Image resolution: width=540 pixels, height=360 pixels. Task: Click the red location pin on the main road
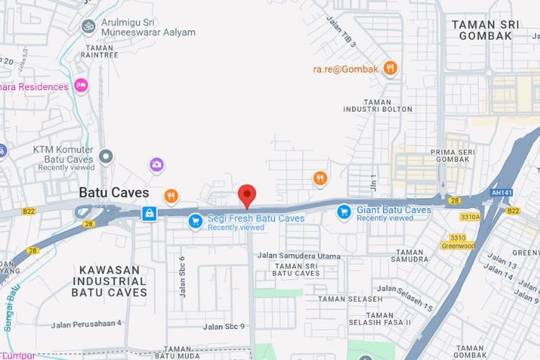point(247,195)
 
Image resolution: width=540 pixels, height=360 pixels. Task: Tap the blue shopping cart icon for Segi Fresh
point(194,221)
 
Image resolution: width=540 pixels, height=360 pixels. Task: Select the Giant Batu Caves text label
point(394,210)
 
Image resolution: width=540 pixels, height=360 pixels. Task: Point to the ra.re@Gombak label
point(345,69)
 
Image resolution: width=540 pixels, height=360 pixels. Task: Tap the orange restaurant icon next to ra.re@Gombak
point(390,68)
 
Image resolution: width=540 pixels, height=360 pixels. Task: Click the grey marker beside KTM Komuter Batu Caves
point(107,156)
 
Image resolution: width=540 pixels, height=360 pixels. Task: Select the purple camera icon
point(157,165)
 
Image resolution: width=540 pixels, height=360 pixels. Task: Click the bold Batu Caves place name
point(114,193)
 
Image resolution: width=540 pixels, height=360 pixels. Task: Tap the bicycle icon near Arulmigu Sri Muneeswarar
point(89,26)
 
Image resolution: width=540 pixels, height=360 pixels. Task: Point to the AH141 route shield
point(501,192)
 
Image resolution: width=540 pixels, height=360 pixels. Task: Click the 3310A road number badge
point(469,215)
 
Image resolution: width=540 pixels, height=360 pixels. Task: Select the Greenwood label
point(459,246)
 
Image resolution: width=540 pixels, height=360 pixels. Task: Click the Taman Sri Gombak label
point(485,30)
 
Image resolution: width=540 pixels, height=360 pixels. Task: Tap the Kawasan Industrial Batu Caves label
point(109,281)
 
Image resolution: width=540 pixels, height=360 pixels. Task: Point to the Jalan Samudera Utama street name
point(299,256)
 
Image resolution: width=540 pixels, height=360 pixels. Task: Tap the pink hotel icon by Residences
point(81,86)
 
